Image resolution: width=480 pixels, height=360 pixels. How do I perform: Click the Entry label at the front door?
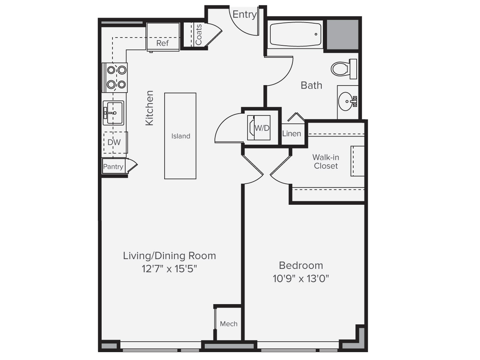244,15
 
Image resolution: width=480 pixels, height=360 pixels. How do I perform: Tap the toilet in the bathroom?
340,69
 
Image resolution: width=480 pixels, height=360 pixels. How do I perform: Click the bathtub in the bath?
295,35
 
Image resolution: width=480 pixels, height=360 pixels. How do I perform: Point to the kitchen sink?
113,112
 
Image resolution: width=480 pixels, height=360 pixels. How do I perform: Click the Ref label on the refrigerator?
162,43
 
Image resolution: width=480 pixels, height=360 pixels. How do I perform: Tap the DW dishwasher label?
114,142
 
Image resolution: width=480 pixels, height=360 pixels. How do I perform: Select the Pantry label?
113,166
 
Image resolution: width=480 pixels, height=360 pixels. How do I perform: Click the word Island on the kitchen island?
181,136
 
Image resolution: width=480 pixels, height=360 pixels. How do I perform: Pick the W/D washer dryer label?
262,128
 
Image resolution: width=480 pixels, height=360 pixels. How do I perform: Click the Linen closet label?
291,133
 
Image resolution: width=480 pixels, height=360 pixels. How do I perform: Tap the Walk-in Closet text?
325,162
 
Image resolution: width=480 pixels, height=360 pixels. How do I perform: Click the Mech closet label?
228,324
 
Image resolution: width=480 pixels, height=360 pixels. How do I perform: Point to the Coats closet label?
198,35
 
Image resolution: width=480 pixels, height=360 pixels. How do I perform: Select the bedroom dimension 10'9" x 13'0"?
301,279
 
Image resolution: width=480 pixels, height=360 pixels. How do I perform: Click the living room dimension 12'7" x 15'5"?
169,269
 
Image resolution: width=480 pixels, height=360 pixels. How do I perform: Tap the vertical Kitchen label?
149,108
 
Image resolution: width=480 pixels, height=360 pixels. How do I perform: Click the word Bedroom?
301,265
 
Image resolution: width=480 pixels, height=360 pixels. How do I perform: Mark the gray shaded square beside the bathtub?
342,34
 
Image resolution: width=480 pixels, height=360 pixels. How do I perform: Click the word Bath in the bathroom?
311,85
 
